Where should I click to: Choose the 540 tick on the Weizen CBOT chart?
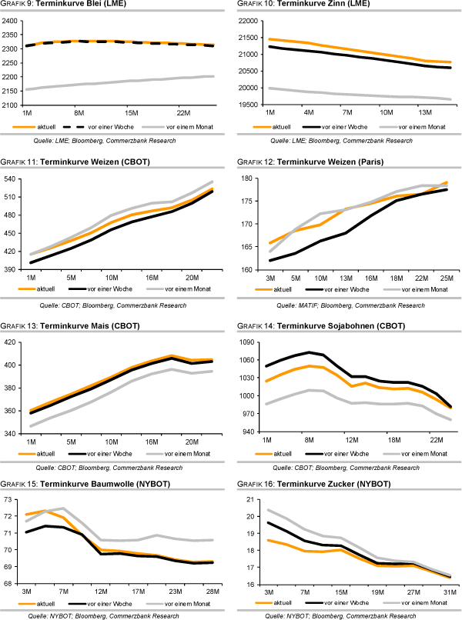coord(15,178)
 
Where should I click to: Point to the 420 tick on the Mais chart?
coord(15,342)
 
